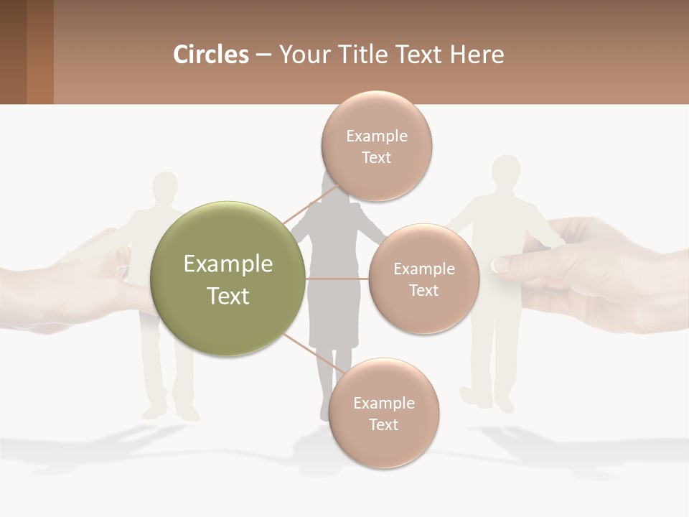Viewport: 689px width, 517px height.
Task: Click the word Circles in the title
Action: point(210,55)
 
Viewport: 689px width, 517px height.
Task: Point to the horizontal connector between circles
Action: point(337,279)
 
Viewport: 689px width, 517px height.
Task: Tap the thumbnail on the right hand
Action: point(501,265)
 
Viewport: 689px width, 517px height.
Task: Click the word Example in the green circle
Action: point(228,264)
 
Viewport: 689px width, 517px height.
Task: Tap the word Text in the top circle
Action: point(376,158)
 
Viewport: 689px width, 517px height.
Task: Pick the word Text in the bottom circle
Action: point(383,425)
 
